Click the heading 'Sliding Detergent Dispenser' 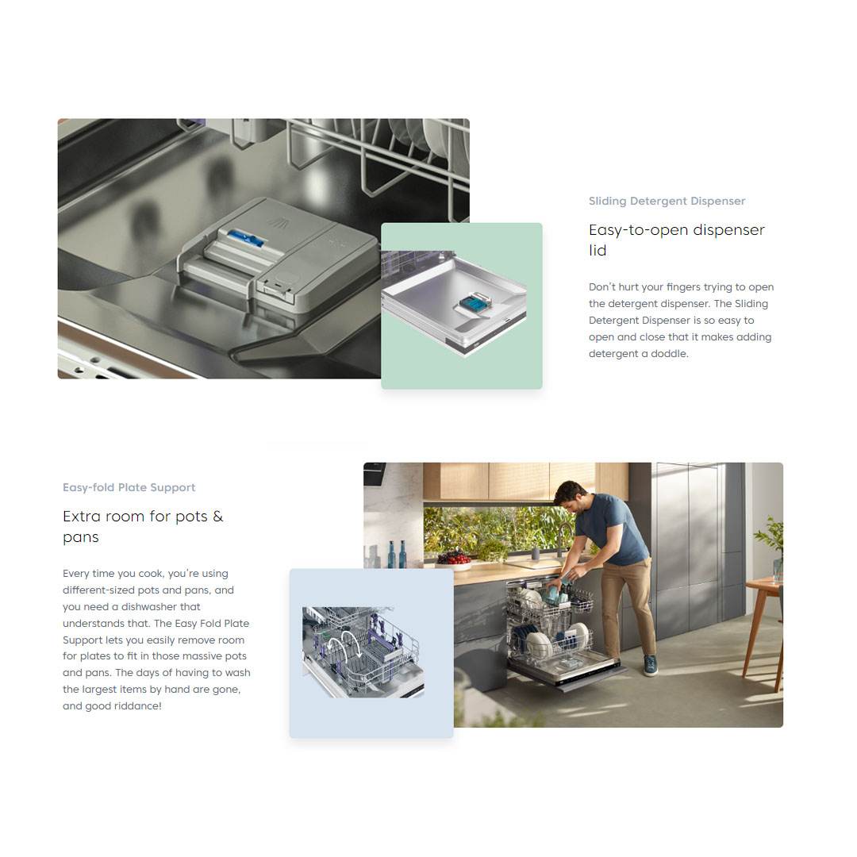coord(667,202)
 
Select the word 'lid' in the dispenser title coord(598,251)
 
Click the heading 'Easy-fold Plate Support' coord(129,488)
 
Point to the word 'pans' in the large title coord(81,537)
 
